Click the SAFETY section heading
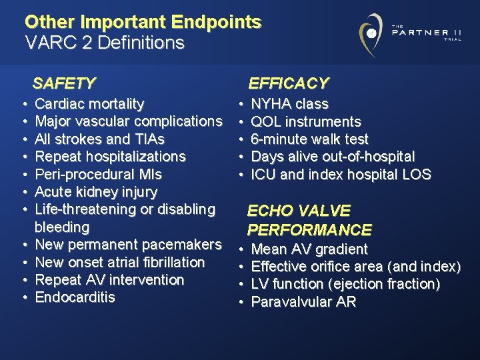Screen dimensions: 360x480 (x=64, y=83)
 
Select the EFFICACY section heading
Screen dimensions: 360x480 (x=288, y=83)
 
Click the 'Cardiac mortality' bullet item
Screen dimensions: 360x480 (x=89, y=104)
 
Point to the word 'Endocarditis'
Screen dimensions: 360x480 (x=75, y=297)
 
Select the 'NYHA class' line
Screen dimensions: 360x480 (x=289, y=104)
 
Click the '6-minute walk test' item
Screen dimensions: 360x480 (x=309, y=139)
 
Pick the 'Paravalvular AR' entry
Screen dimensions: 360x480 (x=303, y=302)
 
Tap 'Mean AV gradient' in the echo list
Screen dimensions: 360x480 (x=309, y=249)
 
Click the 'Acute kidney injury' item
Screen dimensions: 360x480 (x=96, y=192)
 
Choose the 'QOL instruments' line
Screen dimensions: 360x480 (x=305, y=122)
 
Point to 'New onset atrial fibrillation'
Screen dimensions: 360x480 (x=119, y=262)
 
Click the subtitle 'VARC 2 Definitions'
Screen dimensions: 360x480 (x=104, y=43)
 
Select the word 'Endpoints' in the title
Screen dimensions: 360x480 (x=215, y=21)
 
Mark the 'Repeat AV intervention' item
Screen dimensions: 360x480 (x=109, y=280)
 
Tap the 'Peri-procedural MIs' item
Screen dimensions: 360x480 (x=98, y=175)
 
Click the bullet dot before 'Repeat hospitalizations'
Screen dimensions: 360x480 (x=23, y=157)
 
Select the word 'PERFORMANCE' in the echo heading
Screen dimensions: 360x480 (x=309, y=230)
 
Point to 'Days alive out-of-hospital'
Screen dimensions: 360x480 (x=332, y=157)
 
